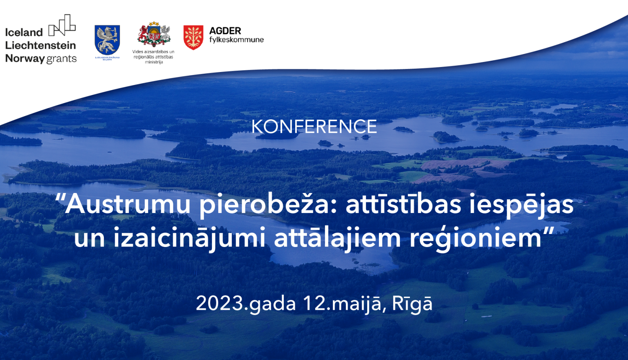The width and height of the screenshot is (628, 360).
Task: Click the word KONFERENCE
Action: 314,127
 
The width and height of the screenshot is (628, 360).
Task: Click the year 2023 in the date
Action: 219,303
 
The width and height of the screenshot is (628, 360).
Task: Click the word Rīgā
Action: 412,303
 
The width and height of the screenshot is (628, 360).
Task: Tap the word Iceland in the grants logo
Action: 24,32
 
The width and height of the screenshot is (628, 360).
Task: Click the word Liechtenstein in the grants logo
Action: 40,45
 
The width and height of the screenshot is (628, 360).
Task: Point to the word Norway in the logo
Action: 25,59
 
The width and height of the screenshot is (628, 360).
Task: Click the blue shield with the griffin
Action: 107,40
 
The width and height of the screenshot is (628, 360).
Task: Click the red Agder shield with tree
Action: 193,37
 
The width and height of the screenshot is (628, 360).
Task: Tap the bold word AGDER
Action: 225,31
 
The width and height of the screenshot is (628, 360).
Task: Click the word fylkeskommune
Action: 236,40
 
